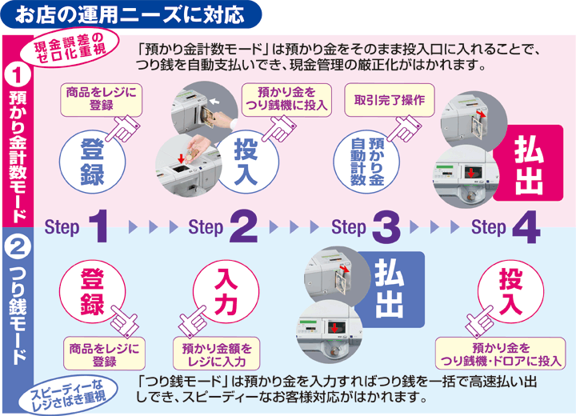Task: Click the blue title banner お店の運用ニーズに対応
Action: tap(132, 14)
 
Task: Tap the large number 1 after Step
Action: tap(98, 226)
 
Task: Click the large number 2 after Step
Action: tap(243, 226)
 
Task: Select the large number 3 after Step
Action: tap(386, 226)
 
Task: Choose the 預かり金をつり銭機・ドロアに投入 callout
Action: tap(500, 353)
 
